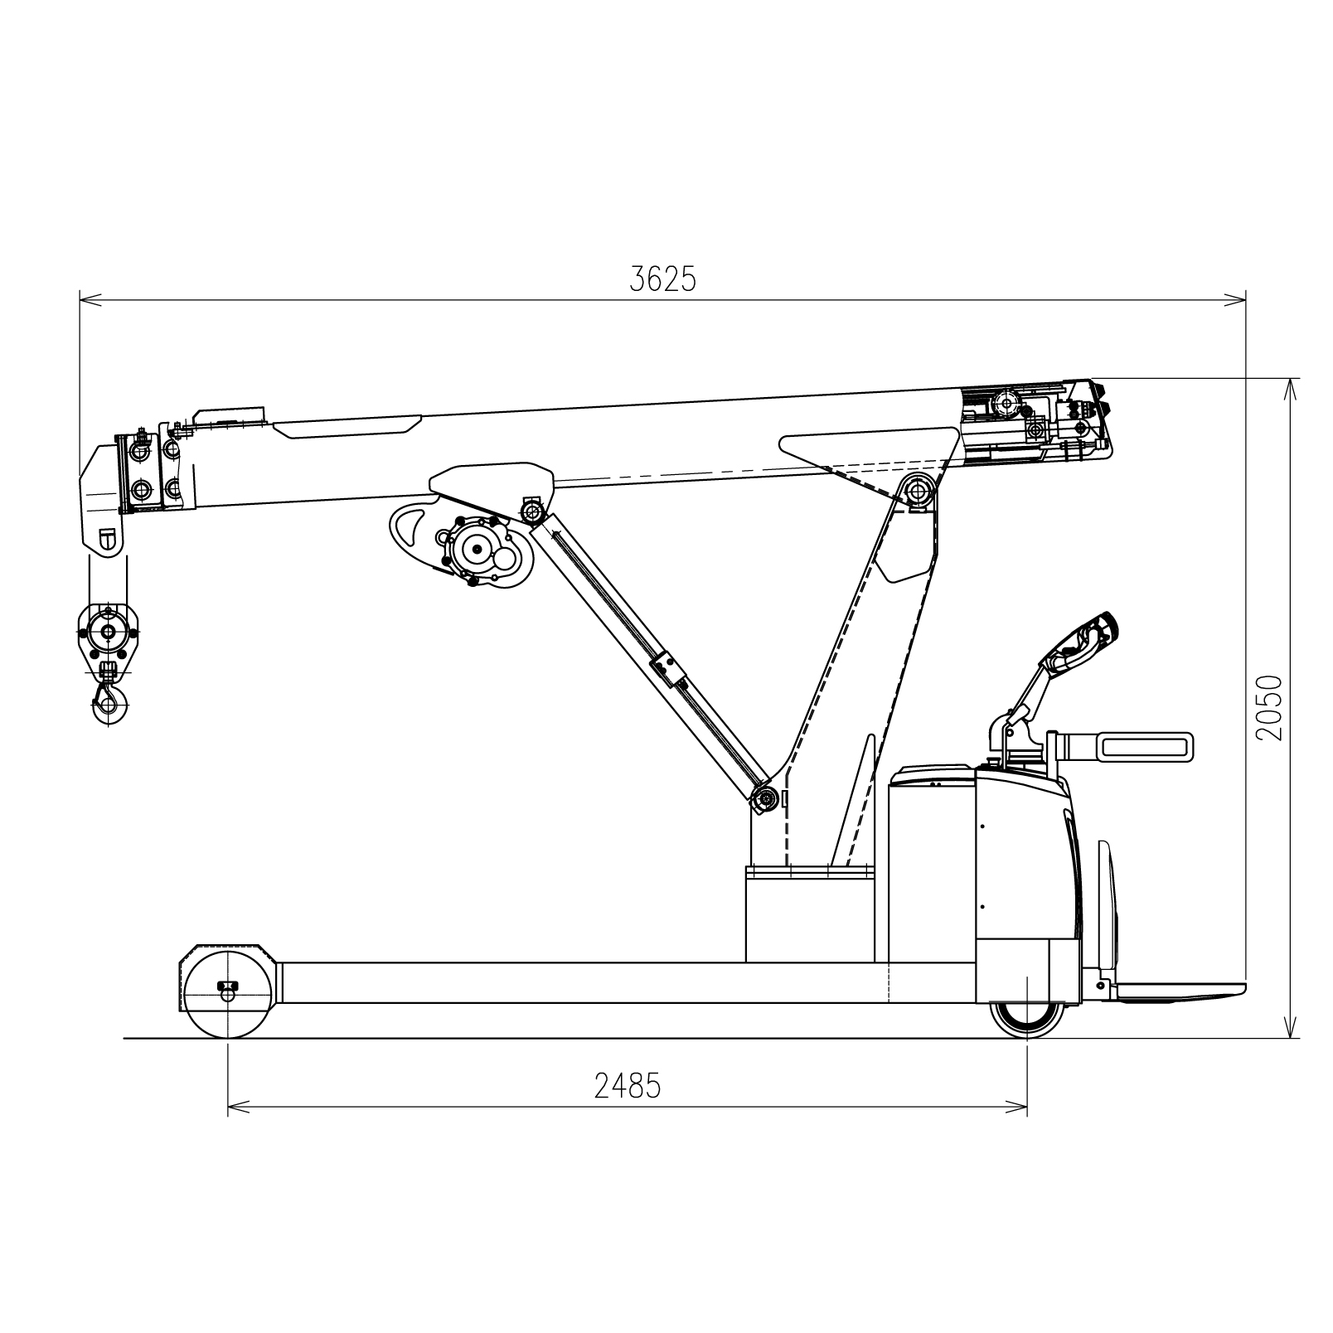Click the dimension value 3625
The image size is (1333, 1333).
[662, 280]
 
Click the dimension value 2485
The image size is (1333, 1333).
[628, 1085]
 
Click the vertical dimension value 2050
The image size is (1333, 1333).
[1268, 707]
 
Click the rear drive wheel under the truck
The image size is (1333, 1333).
[1028, 1019]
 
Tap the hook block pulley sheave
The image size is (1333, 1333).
[109, 632]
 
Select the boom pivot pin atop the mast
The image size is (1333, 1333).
[917, 492]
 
